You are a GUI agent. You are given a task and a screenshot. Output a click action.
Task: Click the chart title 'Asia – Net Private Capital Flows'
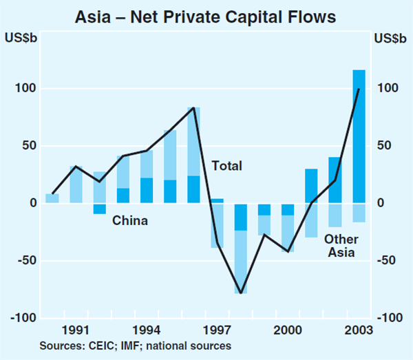pyautogui.click(x=206, y=13)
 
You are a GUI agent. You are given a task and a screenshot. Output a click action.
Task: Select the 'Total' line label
pyautogui.click(x=226, y=166)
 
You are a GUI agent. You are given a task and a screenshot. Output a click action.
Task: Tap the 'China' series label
pyautogui.click(x=130, y=221)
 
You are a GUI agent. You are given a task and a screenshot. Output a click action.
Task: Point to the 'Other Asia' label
pyautogui.click(x=341, y=246)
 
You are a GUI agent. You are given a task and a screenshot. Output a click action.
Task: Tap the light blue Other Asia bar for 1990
pyautogui.click(x=52, y=198)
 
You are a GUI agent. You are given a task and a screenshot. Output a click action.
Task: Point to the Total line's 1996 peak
pyautogui.click(x=194, y=108)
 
